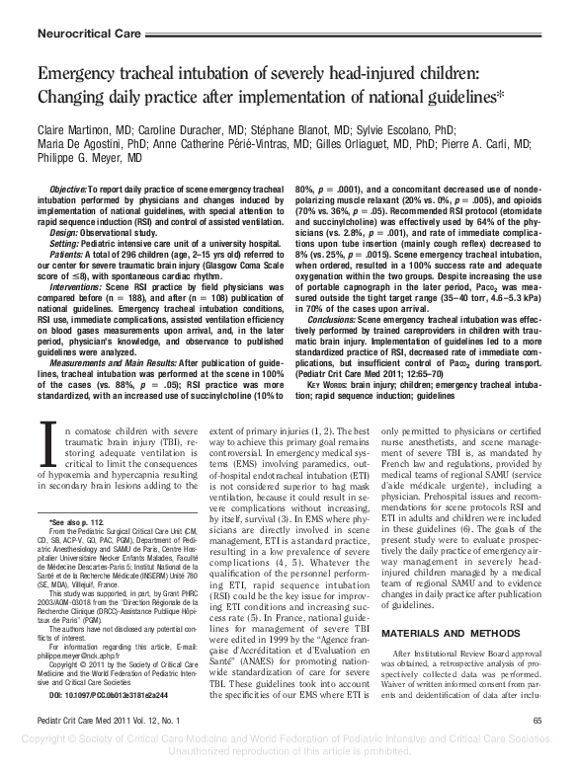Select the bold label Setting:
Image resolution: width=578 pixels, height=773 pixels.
coord(67,243)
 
